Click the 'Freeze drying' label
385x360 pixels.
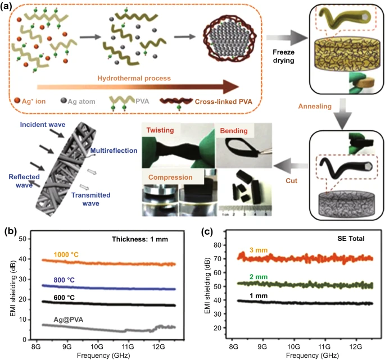(x=284, y=56)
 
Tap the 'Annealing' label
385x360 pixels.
(x=315, y=106)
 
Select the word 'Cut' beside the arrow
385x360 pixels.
(x=292, y=181)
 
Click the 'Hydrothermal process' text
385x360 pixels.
(x=134, y=78)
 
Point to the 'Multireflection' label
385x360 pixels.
(x=114, y=151)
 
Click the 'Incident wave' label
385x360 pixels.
(x=43, y=125)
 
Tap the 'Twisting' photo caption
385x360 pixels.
(x=160, y=130)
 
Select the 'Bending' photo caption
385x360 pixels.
(x=234, y=130)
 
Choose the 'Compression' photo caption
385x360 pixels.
(x=170, y=177)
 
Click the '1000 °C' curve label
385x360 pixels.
(x=66, y=255)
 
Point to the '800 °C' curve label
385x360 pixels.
(x=64, y=280)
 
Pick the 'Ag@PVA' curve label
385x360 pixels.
(x=68, y=320)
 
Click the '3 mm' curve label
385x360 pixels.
(x=259, y=250)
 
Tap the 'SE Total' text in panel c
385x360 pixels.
(x=351, y=239)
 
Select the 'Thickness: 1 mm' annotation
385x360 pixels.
(x=140, y=239)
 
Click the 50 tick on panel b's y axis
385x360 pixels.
(x=22, y=239)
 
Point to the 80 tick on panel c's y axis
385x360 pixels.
(x=218, y=245)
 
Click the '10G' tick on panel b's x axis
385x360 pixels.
(x=97, y=347)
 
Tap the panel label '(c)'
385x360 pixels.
(x=207, y=231)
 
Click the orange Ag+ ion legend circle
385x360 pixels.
(x=17, y=101)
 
